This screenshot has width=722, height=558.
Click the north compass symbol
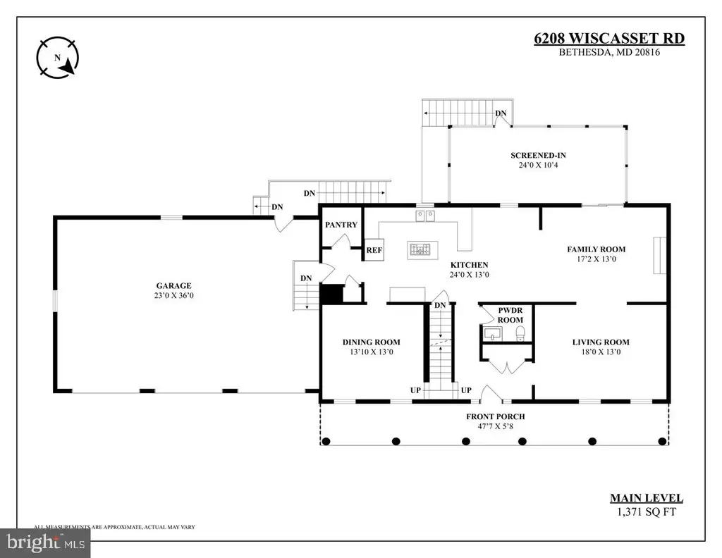click(x=58, y=58)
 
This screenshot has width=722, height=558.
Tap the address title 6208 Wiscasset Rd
click(x=609, y=38)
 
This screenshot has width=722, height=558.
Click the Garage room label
click(x=173, y=285)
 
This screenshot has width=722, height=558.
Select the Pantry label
click(x=341, y=225)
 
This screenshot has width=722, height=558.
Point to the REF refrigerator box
click(x=374, y=250)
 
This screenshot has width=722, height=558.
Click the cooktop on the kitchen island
click(x=422, y=250)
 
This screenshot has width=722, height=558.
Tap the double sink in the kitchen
click(x=425, y=216)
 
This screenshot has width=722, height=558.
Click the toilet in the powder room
click(x=520, y=333)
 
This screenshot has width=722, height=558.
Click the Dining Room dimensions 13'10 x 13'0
click(x=371, y=352)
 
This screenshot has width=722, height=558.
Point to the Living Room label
click(x=601, y=342)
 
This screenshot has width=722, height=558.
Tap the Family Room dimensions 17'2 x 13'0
click(x=596, y=259)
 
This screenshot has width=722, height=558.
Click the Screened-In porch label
click(x=538, y=156)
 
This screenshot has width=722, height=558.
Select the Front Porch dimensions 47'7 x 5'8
click(x=496, y=426)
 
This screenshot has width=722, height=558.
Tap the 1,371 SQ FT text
click(x=647, y=512)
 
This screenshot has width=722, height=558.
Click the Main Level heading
click(x=647, y=498)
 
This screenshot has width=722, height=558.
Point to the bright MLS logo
click(x=45, y=542)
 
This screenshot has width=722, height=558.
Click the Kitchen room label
click(x=469, y=265)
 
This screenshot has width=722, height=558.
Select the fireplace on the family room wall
click(x=659, y=255)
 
